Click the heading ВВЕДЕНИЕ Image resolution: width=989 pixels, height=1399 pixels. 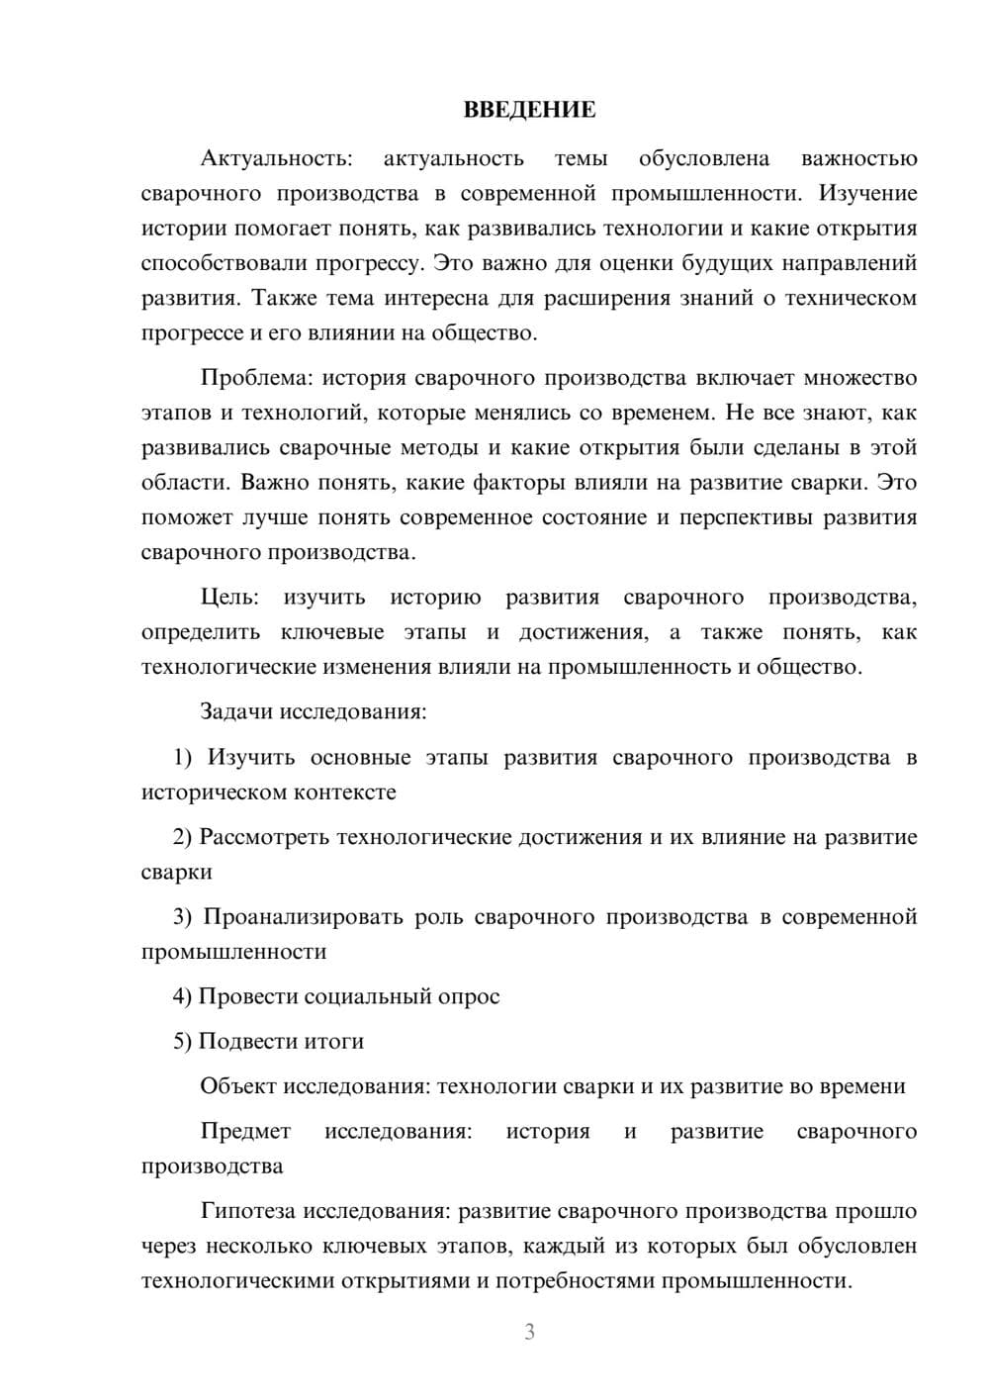pos(529,110)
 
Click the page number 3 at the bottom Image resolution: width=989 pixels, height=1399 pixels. pos(529,1332)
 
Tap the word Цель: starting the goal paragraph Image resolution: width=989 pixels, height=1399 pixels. pos(229,598)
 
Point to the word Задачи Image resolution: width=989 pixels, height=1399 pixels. pos(237,711)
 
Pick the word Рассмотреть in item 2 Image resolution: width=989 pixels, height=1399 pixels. pos(264,837)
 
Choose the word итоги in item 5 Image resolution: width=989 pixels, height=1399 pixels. pos(334,1041)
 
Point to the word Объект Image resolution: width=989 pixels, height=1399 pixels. pos(239,1086)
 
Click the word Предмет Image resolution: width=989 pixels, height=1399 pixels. pos(246,1131)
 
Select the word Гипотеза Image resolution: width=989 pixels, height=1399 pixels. pos(248,1211)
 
